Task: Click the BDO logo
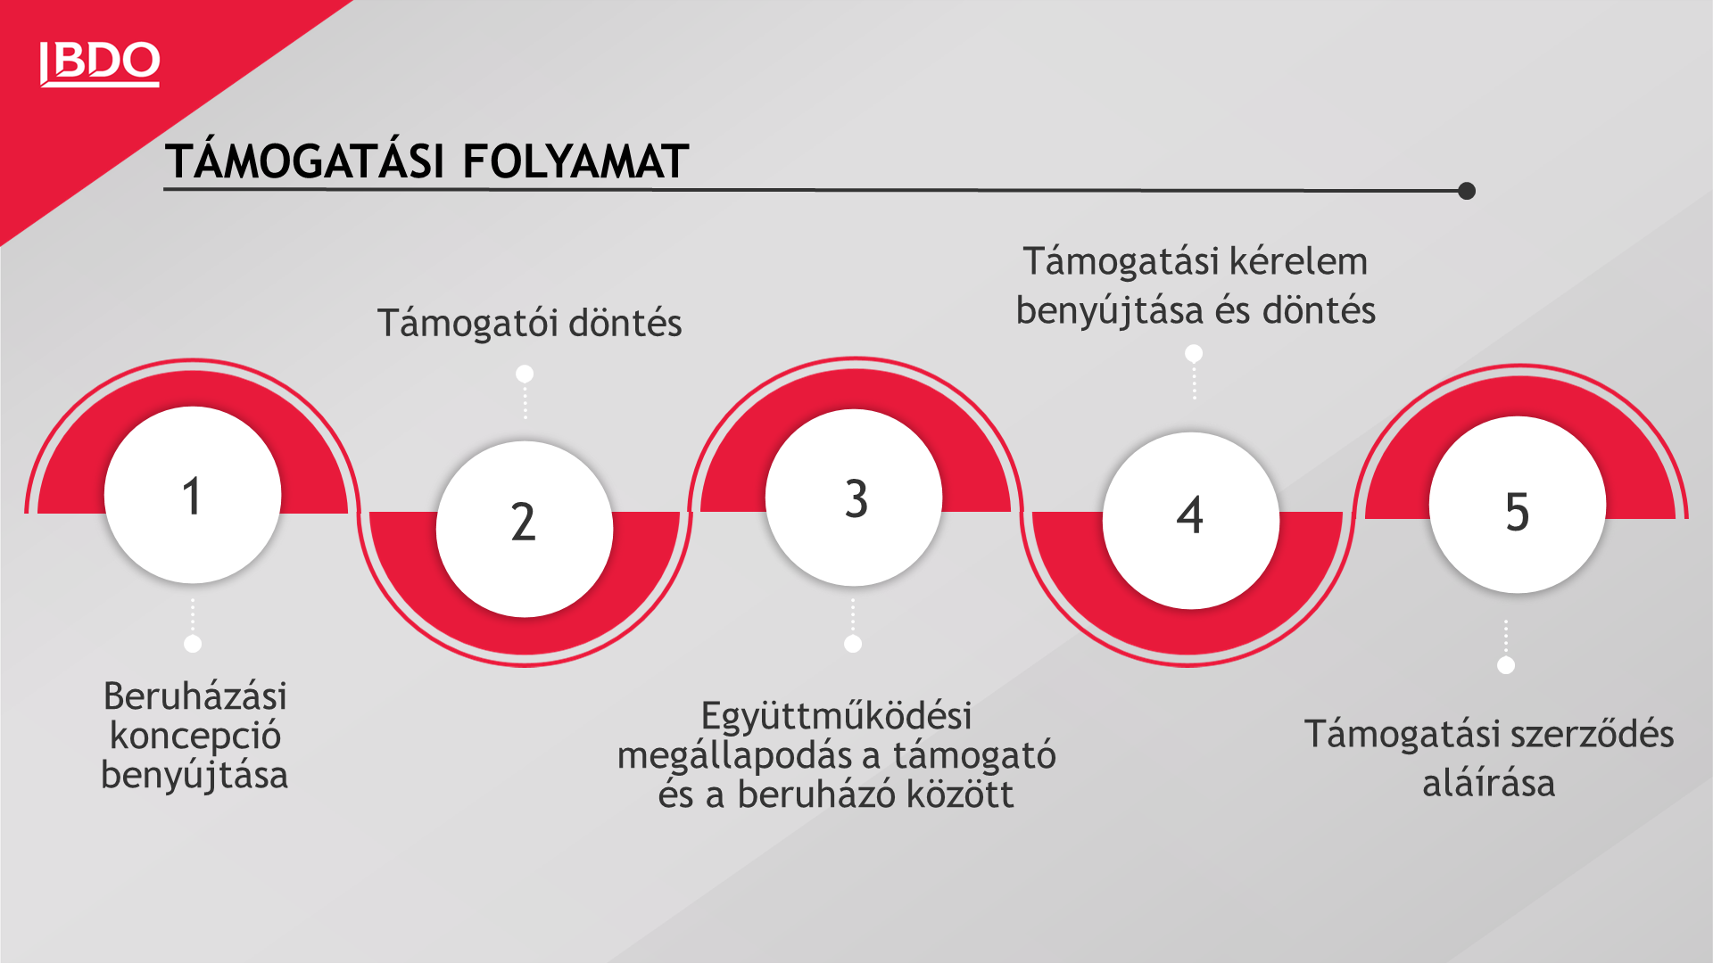click(x=100, y=64)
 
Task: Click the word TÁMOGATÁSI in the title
click(x=305, y=161)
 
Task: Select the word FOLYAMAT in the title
click(x=575, y=162)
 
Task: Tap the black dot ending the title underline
click(x=1467, y=191)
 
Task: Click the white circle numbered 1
click(x=193, y=495)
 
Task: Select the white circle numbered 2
click(x=525, y=529)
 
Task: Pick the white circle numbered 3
click(x=854, y=498)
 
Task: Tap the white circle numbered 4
click(x=1191, y=521)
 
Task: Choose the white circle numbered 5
click(x=1518, y=505)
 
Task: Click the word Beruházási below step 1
click(x=195, y=696)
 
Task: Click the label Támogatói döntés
click(x=529, y=324)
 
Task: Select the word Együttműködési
click(x=836, y=716)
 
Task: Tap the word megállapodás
click(x=749, y=757)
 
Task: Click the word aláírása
click(x=1489, y=784)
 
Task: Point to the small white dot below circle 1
click(x=193, y=644)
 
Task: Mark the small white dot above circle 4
click(x=1194, y=354)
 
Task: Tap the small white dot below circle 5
click(x=1506, y=665)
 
